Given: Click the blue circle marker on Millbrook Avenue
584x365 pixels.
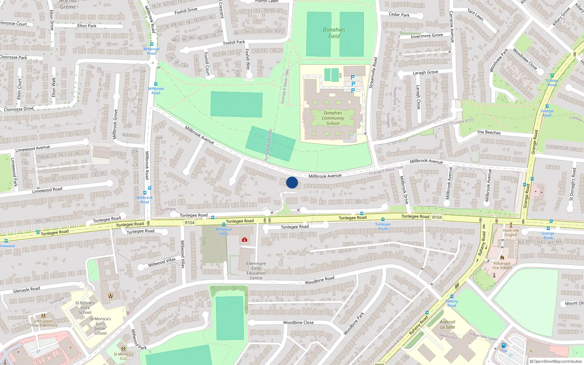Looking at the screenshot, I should (292, 182).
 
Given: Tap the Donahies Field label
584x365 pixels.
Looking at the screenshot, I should (334, 33).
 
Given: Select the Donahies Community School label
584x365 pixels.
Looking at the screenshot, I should (333, 118).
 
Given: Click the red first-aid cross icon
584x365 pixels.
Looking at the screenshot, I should (244, 239).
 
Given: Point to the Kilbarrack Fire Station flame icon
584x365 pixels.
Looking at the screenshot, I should (502, 258).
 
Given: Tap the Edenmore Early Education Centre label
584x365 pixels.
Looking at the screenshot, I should (256, 270).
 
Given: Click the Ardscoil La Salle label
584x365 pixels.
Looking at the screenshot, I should (447, 324).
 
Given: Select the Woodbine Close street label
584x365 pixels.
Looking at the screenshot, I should (298, 323).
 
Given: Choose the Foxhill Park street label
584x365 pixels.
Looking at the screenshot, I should (234, 43).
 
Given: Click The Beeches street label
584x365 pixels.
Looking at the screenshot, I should (489, 132).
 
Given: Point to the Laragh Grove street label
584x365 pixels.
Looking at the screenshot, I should (425, 72).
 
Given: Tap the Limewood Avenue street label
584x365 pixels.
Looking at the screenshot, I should (32, 148).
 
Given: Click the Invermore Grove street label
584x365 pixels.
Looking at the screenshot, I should (427, 36).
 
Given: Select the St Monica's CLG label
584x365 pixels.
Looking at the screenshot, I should (123, 356).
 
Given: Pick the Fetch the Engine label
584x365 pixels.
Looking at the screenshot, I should (511, 233).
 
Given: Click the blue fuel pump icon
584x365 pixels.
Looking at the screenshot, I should (504, 345).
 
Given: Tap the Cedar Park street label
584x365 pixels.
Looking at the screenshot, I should (399, 15).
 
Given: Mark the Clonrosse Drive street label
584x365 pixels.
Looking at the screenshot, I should (19, 109).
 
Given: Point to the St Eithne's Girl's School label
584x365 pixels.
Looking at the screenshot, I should (85, 308).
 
